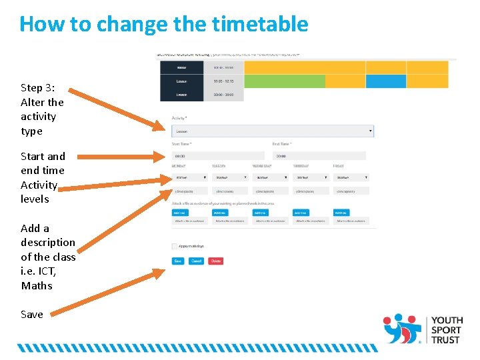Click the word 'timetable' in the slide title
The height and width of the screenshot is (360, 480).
[260, 24]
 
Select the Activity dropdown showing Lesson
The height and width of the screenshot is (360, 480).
[273, 131]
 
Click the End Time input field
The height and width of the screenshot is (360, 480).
[319, 156]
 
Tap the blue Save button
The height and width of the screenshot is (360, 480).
[177, 261]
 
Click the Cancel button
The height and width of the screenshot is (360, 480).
[196, 261]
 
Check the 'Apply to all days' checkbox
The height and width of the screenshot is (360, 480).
[175, 246]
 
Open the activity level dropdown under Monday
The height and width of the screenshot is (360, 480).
[189, 177]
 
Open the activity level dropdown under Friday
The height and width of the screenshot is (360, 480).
[351, 177]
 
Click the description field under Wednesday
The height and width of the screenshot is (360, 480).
[270, 191]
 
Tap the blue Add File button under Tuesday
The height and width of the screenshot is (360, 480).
[220, 213]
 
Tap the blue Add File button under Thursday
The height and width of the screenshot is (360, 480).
[309, 213]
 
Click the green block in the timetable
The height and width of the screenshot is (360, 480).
[285, 81]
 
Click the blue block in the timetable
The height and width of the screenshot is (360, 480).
[385, 81]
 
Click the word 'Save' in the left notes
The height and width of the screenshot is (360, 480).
[31, 315]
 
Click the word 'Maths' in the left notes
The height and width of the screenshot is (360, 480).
[36, 286]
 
